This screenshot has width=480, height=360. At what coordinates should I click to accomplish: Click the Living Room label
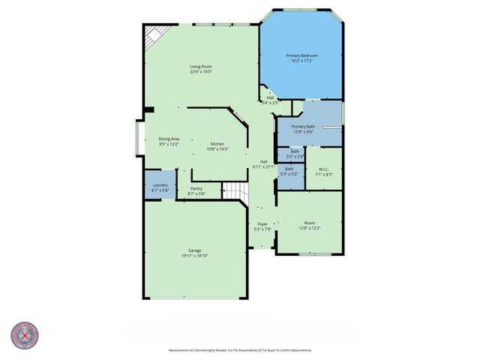coord(200,67)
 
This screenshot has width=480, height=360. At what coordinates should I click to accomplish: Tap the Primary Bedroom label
coord(302,55)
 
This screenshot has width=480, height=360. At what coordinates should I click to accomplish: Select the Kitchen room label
coord(217,143)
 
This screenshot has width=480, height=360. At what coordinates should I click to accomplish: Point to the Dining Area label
coord(169,139)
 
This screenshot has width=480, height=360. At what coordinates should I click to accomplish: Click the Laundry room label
coord(160,185)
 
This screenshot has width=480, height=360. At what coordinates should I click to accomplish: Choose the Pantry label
coord(196,188)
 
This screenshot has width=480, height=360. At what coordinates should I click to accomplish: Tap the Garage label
coord(194,250)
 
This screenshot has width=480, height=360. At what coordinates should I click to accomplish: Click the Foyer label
coord(262,224)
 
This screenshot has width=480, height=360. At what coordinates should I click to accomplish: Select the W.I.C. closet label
coord(324,169)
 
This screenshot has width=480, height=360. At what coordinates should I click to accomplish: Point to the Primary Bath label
coord(303,127)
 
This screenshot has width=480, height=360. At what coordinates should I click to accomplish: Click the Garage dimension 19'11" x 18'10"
coord(194,256)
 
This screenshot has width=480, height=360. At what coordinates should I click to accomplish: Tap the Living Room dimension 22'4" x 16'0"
coord(200,72)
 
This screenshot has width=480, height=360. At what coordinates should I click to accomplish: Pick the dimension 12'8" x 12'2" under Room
coord(309,228)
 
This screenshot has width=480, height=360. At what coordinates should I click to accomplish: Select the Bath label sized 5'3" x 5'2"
coord(289,169)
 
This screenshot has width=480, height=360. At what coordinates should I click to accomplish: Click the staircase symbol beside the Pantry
coord(235,191)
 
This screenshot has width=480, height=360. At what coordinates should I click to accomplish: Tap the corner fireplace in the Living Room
coord(154,34)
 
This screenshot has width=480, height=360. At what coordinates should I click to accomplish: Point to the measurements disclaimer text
coord(240,350)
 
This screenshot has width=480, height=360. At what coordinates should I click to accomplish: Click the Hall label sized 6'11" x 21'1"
coord(264,161)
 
